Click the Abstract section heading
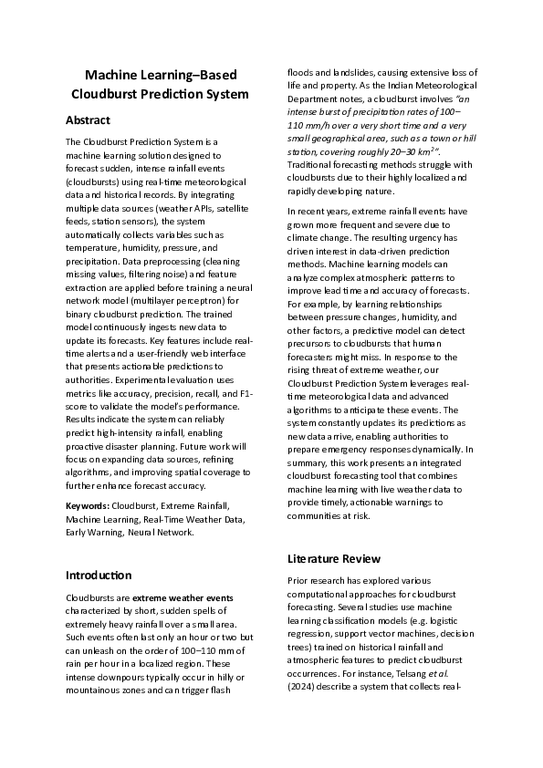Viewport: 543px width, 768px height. [x=89, y=120]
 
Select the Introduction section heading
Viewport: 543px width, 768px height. [x=99, y=576]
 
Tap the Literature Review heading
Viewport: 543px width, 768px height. [x=333, y=558]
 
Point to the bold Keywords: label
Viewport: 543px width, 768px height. [x=90, y=504]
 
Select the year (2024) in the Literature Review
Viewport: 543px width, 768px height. [x=303, y=690]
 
